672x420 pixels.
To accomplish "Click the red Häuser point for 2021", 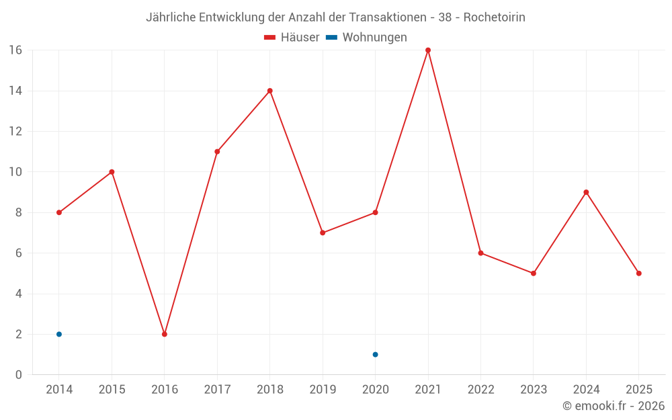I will (428, 50).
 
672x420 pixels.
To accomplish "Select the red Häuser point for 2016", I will (165, 334).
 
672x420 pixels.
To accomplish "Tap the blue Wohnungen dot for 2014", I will (59, 334).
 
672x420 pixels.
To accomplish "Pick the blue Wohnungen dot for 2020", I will (375, 354).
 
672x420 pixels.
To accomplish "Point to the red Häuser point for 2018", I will (269, 91).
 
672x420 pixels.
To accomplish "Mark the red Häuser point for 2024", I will (586, 192).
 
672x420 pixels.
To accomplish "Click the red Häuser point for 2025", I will (638, 274).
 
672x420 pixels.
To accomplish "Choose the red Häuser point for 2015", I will (112, 172).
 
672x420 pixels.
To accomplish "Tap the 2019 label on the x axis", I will (323, 389).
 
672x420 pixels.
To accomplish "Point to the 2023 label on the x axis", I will (534, 389).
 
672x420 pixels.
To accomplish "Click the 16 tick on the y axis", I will (15, 50).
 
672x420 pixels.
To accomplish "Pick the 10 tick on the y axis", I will (15, 172).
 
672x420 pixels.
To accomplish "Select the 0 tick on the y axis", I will (19, 374).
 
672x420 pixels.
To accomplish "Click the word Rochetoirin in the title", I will (495, 17).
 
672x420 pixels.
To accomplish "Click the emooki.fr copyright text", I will (614, 406).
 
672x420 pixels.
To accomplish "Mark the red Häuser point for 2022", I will (480, 253).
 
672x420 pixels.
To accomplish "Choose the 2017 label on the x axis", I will (217, 389).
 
